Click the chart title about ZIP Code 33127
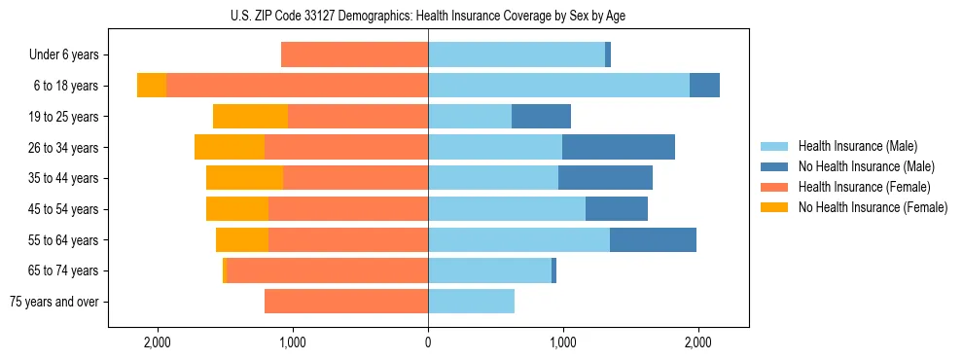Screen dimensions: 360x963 (428, 16)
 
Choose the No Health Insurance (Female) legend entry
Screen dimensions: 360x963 (873, 207)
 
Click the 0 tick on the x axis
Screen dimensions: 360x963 (428, 342)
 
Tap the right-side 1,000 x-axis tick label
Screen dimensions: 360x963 (562, 342)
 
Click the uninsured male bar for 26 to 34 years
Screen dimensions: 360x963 (619, 147)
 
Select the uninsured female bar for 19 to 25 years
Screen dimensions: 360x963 (250, 117)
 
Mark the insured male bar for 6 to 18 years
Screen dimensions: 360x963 (558, 86)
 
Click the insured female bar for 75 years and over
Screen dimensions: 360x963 (346, 302)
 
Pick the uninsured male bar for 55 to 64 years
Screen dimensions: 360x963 (653, 239)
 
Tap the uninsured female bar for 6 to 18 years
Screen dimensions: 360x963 (152, 86)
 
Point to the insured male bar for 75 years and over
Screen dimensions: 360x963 (471, 302)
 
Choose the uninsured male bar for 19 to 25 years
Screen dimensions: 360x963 (541, 117)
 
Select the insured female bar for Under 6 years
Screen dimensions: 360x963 (354, 54)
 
